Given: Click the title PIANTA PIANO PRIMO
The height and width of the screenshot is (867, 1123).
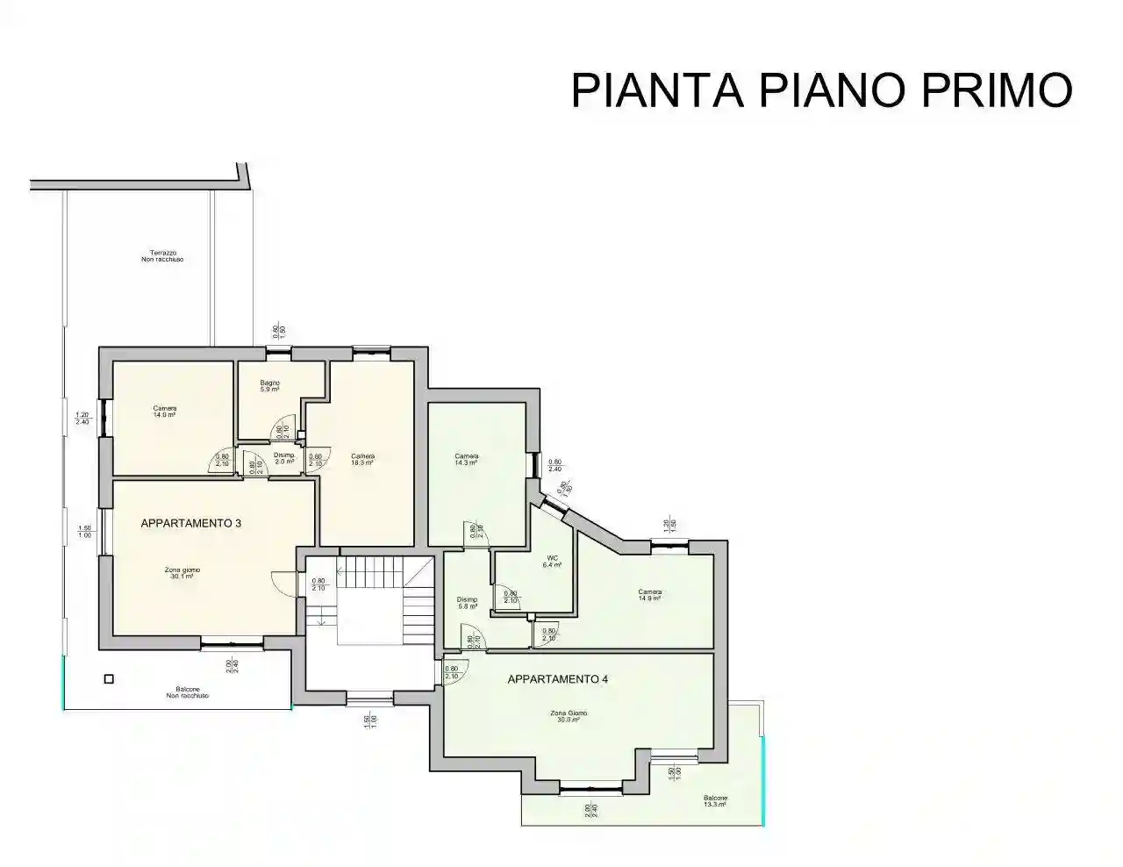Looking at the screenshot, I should [821, 90].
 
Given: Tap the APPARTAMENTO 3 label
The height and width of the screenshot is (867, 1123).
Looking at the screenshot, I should [190, 523].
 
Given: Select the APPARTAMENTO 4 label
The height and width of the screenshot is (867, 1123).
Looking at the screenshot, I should [557, 679].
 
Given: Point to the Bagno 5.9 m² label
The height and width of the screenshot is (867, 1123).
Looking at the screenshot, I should [268, 386].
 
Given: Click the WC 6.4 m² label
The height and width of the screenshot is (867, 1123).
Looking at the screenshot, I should [552, 562].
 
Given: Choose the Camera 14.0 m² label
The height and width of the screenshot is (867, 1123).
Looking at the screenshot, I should [164, 411].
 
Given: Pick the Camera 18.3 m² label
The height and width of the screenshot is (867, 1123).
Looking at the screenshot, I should [362, 459].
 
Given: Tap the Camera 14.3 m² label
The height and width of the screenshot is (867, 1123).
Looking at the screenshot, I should [466, 459].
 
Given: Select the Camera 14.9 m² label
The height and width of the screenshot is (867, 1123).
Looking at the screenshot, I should [649, 595].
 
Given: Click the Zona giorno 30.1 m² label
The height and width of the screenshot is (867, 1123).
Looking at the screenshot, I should [182, 573].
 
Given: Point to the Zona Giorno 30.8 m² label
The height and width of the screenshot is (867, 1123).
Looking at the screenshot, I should [571, 716].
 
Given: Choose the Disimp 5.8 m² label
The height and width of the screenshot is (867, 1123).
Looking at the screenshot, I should [467, 603].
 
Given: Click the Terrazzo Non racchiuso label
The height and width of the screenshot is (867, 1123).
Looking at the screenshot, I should [162, 255].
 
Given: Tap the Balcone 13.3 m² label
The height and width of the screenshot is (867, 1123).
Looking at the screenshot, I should [714, 800].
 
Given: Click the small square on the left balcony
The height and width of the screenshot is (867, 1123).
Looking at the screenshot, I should [109, 678].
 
